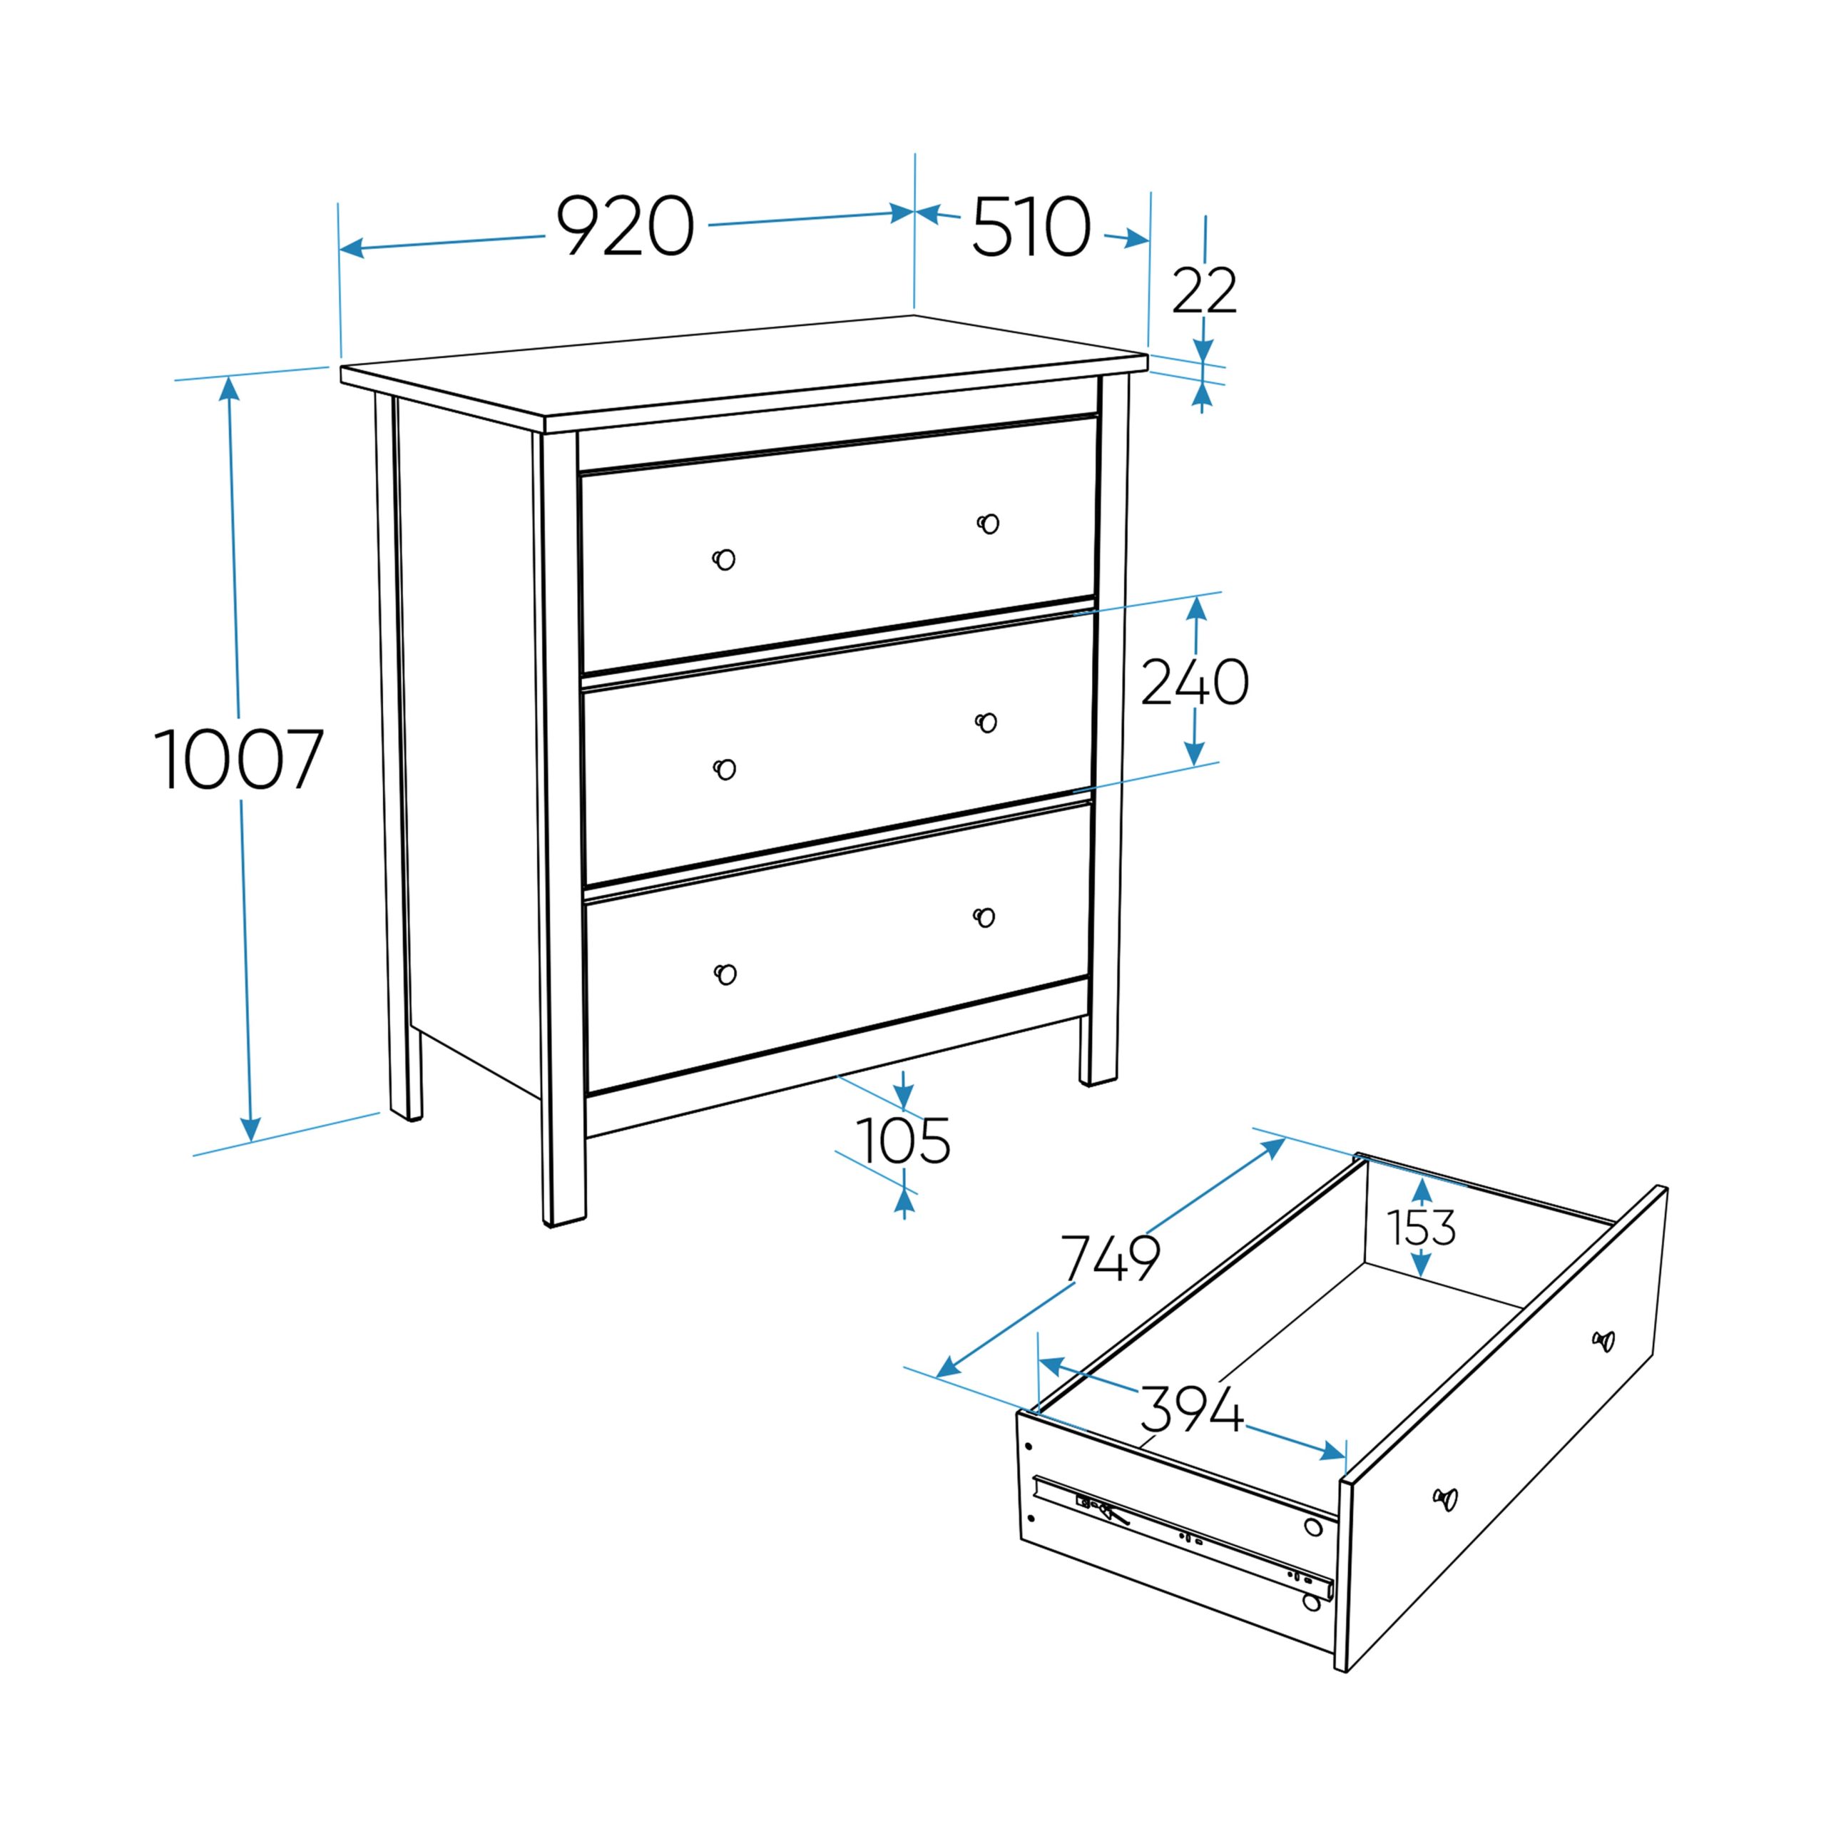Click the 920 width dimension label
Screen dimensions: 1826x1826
(x=625, y=226)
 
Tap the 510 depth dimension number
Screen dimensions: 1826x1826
(x=1031, y=227)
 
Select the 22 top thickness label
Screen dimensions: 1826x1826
(x=1204, y=291)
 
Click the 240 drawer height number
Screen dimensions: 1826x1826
(x=1195, y=683)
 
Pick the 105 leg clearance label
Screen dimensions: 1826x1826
(x=902, y=1141)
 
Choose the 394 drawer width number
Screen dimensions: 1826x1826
(x=1191, y=1410)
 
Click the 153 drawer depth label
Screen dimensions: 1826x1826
(x=1422, y=1228)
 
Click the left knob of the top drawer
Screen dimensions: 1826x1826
(x=724, y=559)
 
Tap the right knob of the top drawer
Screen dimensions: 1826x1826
(x=989, y=523)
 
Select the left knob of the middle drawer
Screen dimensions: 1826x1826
(x=724, y=770)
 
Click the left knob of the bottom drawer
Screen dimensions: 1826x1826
(x=725, y=974)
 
